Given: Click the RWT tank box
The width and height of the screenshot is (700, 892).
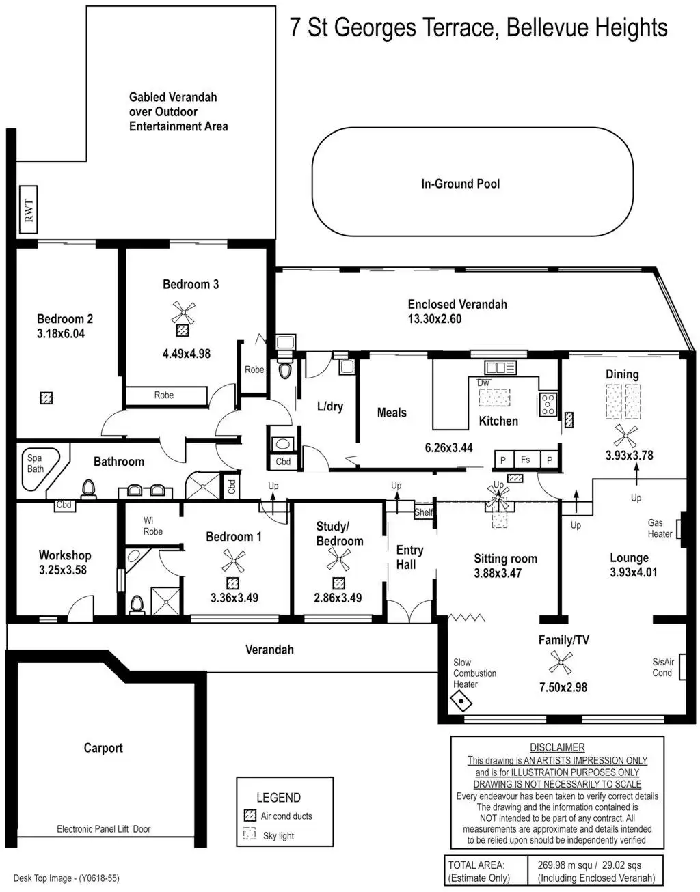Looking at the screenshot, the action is point(29,209).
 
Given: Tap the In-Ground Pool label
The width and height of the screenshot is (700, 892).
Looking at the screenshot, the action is point(460,184).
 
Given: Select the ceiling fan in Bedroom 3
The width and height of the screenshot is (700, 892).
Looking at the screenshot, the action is point(182,313).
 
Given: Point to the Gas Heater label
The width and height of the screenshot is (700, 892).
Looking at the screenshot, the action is point(660,528).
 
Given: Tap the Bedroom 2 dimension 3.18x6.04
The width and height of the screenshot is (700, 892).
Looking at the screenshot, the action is point(61,334).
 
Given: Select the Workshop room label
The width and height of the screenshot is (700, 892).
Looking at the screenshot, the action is point(65,555).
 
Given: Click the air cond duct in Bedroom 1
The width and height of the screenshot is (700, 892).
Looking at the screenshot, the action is point(233,583).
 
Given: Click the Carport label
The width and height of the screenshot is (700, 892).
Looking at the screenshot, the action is point(103,747).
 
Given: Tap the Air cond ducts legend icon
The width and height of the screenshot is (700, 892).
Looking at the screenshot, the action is point(250,816).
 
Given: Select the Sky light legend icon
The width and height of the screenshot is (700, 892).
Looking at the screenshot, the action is point(250,835).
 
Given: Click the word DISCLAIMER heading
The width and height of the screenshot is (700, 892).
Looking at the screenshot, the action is point(557,747).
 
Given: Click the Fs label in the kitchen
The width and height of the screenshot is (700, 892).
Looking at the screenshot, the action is point(525,460).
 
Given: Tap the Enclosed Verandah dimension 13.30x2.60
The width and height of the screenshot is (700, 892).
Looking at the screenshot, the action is point(435,318).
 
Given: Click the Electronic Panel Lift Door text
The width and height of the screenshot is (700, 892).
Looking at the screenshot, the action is point(104,829).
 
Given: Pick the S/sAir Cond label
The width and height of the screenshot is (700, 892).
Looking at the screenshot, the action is point(663,667).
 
